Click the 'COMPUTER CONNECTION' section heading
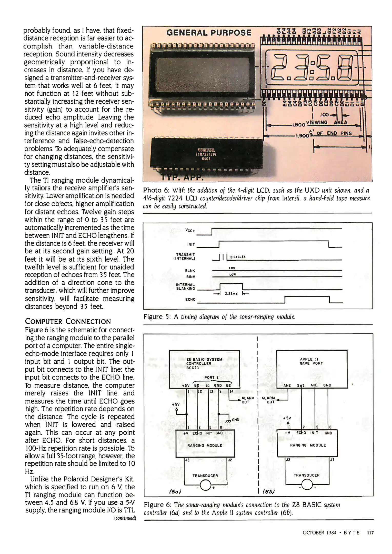point(68,321)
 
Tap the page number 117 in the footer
point(370,533)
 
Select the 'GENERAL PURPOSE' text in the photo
point(209,33)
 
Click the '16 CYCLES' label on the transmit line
point(237,257)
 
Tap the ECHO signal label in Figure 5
point(190,299)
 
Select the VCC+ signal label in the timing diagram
point(190,230)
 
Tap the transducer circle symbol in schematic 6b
point(307,484)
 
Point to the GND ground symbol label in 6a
point(235,420)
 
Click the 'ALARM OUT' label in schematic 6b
point(268,400)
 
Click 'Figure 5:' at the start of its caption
point(157,317)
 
